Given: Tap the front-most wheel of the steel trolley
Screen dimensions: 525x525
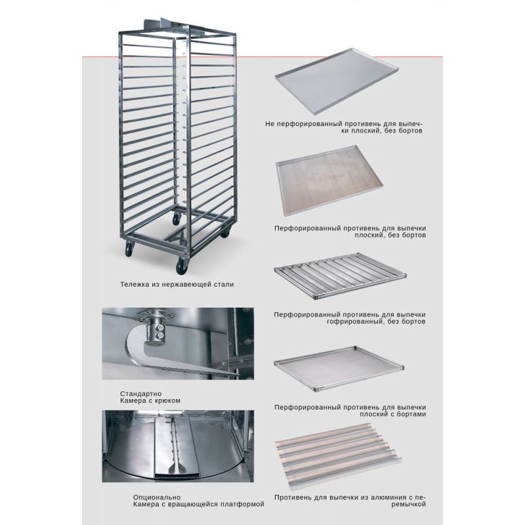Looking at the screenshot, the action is (x=182, y=266).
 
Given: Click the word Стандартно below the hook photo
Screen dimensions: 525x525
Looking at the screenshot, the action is (x=141, y=394).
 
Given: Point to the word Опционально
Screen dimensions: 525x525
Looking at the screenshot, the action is (x=157, y=497).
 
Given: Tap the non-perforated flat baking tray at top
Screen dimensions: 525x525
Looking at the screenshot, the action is (x=337, y=81).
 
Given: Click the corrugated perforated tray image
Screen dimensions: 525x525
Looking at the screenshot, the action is (x=341, y=276).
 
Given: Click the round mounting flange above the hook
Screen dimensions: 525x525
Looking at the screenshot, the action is (x=155, y=316).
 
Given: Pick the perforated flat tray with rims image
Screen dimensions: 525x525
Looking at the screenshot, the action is (x=339, y=369).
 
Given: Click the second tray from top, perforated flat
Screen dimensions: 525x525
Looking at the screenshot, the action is (x=329, y=180).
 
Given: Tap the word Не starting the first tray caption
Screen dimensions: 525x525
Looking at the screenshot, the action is (x=270, y=124).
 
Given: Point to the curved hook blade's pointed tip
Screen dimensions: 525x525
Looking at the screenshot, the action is (x=238, y=374).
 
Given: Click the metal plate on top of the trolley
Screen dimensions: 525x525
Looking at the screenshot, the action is (x=161, y=24).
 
